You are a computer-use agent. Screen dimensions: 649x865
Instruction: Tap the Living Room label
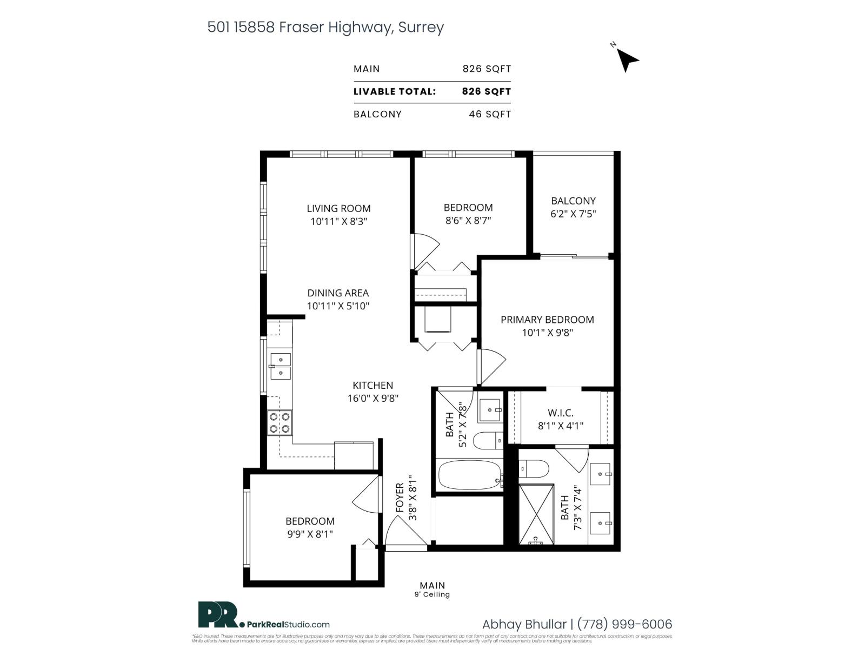point(338,208)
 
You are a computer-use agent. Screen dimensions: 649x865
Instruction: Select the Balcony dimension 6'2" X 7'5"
point(573,214)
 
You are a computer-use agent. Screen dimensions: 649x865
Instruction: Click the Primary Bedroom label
point(547,320)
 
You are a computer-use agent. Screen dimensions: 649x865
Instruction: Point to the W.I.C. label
point(561,413)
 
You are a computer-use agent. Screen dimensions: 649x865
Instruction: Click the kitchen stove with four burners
point(280,423)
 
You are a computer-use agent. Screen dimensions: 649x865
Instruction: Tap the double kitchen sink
point(281,366)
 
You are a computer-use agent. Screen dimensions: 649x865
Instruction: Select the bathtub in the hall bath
point(469,475)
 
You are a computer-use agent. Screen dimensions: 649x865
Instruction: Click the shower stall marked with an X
point(536,514)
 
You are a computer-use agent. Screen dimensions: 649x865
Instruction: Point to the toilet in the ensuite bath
point(535,468)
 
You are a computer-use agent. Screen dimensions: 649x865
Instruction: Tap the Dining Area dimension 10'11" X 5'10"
point(338,306)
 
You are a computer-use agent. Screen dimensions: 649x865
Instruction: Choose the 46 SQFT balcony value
point(490,114)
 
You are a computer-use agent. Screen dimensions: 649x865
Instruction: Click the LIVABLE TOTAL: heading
point(395,91)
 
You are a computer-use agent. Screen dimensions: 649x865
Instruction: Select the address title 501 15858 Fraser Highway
point(325,27)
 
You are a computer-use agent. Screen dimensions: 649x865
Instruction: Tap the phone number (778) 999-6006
point(624,624)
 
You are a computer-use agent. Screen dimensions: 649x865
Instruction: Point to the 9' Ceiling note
point(432,594)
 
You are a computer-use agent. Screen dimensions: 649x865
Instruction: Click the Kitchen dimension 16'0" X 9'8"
point(372,398)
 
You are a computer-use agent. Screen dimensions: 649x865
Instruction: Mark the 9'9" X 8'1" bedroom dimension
point(310,534)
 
